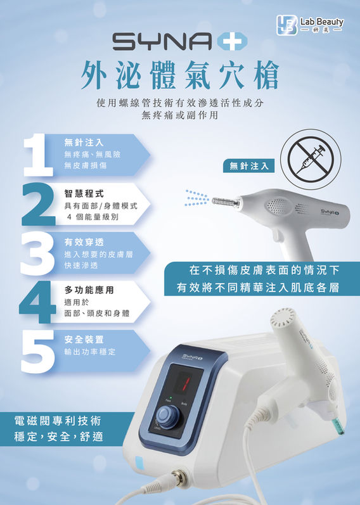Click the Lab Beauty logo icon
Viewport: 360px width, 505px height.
point(286,25)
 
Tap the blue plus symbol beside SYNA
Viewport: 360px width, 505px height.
point(233,42)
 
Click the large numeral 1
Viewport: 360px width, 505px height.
point(37,155)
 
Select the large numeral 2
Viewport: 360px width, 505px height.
point(39,204)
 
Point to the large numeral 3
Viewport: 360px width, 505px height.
point(37,254)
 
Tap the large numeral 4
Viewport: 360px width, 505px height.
point(37,302)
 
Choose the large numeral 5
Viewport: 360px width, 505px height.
point(37,352)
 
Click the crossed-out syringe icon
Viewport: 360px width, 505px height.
point(311,159)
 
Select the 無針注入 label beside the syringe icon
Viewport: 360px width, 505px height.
point(249,166)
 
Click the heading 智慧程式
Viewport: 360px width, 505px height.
point(84,193)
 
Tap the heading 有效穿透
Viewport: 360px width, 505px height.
point(84,242)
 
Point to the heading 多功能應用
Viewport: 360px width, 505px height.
point(89,290)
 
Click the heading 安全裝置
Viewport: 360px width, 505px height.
point(84,340)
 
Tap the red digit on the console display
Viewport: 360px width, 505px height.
point(186,383)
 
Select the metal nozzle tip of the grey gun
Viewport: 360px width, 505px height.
point(226,202)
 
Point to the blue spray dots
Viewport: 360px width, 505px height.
point(197,198)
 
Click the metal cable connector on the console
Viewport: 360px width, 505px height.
point(178,476)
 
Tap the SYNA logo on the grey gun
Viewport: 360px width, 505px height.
point(330,211)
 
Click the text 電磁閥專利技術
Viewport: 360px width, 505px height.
point(58,421)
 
